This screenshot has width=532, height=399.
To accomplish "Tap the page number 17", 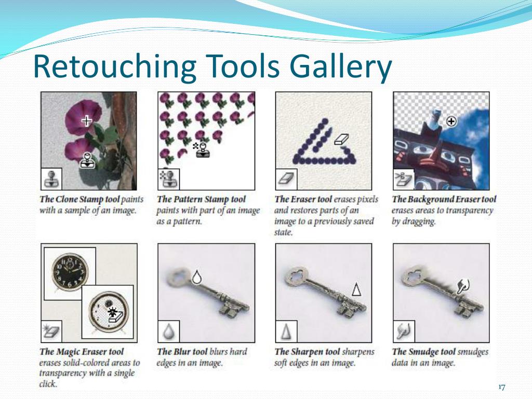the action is tap(502, 387).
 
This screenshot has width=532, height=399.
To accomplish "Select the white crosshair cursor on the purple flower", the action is tap(87, 120).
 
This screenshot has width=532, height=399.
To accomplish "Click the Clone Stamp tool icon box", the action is tap(51, 179).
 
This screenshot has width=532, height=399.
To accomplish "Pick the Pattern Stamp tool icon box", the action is tap(169, 179).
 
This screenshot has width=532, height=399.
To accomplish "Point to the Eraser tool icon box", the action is tap(286, 179).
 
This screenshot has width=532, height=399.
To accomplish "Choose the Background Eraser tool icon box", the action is tap(404, 179).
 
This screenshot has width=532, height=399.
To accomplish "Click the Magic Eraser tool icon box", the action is tap(51, 331).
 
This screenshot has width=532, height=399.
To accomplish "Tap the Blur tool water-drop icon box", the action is tap(169, 331).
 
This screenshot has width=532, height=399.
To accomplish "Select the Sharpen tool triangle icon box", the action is tap(286, 331).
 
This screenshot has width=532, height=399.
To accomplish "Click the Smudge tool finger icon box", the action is tap(404, 331).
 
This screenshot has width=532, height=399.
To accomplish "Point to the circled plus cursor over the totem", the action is tap(451, 121).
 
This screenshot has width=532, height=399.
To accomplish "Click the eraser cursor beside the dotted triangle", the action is tap(341, 139).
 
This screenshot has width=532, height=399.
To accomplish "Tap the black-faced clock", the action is tap(70, 273).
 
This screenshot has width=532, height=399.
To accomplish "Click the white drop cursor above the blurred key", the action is tap(196, 277).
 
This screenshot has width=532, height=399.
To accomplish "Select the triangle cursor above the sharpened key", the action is tap(356, 289).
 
